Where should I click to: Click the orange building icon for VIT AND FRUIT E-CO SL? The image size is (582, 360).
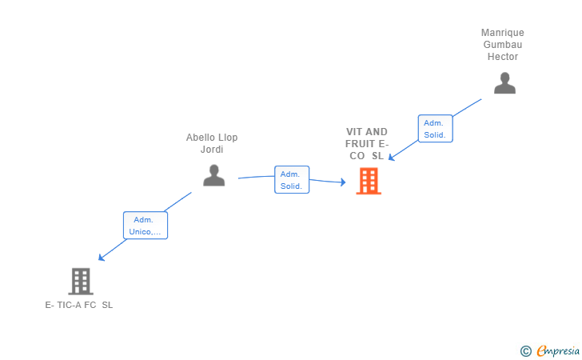click(369, 181)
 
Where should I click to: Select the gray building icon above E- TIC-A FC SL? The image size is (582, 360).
click(81, 282)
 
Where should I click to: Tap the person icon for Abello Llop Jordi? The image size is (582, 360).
click(213, 175)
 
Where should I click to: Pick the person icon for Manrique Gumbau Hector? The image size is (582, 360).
click(504, 83)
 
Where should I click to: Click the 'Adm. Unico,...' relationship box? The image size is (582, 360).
click(145, 225)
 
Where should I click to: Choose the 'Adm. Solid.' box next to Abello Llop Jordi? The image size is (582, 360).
click(292, 180)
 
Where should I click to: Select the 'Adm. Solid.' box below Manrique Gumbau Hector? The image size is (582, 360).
click(436, 129)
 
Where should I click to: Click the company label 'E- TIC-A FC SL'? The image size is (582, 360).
click(79, 305)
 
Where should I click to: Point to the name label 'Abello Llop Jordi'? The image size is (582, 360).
click(212, 143)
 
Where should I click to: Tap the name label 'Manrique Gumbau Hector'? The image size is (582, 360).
click(503, 45)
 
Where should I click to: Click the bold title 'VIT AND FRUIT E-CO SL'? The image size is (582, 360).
click(367, 144)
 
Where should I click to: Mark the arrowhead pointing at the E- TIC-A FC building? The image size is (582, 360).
click(101, 258)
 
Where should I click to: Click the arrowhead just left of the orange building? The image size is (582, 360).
click(343, 182)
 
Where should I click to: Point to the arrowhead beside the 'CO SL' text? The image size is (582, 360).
click(391, 158)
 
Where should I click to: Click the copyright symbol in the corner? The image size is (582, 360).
click(525, 351)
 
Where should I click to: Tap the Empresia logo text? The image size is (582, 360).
click(558, 350)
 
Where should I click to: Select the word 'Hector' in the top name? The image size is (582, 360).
click(503, 57)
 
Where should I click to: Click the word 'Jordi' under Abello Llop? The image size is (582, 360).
click(212, 150)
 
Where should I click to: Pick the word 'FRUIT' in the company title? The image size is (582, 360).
click(360, 144)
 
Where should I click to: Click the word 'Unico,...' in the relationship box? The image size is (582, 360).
click(145, 232)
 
